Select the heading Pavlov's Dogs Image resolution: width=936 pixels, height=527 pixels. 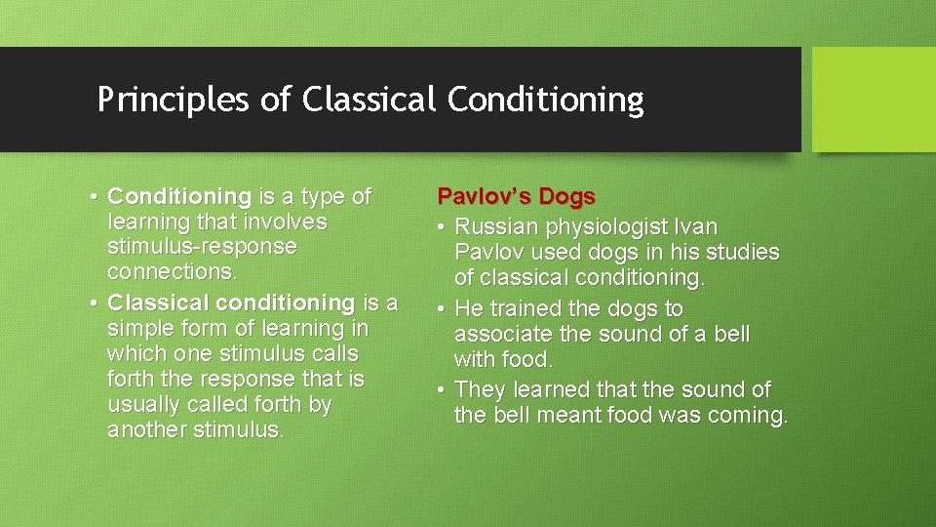coord(516,196)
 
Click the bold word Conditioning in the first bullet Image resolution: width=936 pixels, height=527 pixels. coord(179,197)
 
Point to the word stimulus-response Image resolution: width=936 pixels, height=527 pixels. coord(202,246)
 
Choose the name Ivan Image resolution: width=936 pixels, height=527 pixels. coord(695,227)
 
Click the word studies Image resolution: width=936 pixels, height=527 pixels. coord(746,252)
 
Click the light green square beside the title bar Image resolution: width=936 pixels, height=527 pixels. coord(873,100)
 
